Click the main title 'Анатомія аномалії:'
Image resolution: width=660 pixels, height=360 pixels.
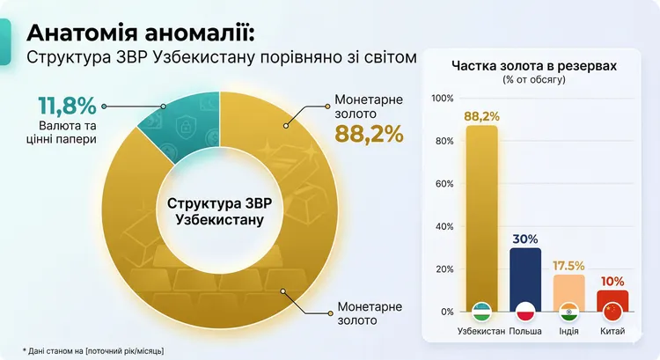point(142,33)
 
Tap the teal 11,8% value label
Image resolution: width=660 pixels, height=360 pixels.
point(66,107)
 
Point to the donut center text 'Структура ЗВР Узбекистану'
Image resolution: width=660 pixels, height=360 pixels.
point(219,210)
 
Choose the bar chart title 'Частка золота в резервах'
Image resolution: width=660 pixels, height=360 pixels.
point(533,66)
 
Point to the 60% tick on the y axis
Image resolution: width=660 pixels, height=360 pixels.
point(444,184)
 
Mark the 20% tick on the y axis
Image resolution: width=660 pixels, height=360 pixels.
point(444,269)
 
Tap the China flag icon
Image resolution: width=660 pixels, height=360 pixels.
point(612,312)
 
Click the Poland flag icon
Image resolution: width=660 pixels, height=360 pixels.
point(525,312)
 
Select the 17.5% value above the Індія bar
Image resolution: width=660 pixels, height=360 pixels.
point(568,264)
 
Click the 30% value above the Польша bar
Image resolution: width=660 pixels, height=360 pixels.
point(525,239)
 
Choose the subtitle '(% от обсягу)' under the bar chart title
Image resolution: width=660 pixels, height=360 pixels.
point(533,80)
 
